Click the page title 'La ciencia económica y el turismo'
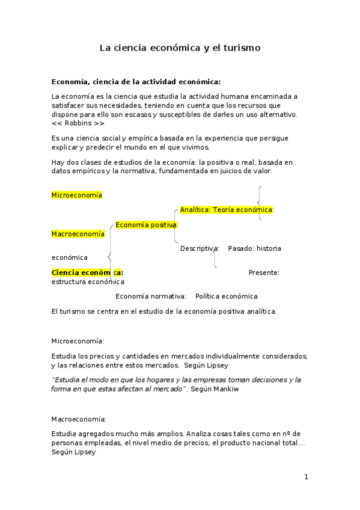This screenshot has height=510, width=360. tap(180, 48)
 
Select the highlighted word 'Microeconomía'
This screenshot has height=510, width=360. tap(77, 195)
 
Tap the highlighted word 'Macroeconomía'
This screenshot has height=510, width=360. tap(78, 234)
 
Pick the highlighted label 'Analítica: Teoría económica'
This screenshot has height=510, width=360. tap(227, 210)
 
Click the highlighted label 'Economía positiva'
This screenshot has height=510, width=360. tap(145, 224)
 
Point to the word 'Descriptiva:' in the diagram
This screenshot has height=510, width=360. tap(200, 248)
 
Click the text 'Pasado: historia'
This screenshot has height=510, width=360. tap(254, 248)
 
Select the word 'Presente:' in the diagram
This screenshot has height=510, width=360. tap(264, 272)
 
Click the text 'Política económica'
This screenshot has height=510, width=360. tap(226, 296)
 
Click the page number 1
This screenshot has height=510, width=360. tap(306, 477)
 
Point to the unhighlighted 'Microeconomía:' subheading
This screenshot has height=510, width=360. tap(78, 341)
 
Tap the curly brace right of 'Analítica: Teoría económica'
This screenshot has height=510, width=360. tap(259, 203)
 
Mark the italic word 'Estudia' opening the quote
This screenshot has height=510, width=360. tap(67, 380)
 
